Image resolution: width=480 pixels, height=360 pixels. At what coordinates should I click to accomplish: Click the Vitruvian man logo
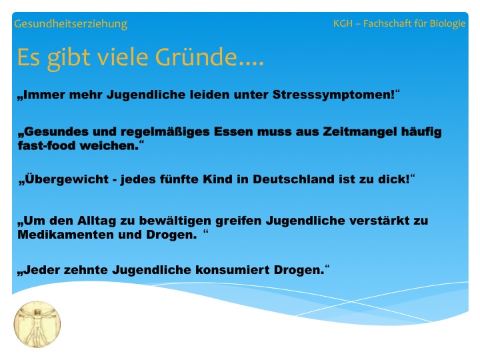pyautogui.click(x=37, y=324)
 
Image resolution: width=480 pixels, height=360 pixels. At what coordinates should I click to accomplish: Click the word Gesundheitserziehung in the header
pyautogui.click(x=71, y=24)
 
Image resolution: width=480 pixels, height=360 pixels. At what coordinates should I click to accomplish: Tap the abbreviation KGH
pyautogui.click(x=343, y=23)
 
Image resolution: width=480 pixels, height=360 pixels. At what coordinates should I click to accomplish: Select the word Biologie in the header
pyautogui.click(x=447, y=23)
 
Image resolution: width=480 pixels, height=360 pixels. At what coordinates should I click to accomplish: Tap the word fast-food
pyautogui.click(x=47, y=146)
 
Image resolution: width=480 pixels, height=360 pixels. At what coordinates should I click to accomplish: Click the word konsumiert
pyautogui.click(x=233, y=270)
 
